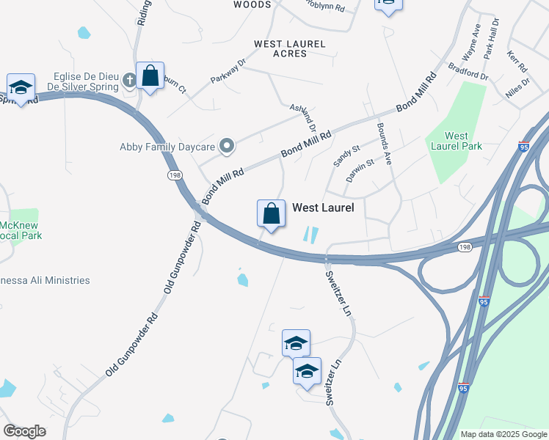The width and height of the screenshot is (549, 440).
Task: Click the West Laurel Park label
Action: [464, 141]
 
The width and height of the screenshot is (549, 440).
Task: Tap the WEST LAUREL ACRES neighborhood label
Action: [289, 48]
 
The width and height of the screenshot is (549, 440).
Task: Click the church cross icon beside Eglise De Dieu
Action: [129, 80]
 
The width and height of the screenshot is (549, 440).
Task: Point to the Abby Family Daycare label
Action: [167, 147]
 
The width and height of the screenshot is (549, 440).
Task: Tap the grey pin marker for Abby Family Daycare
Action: [227, 146]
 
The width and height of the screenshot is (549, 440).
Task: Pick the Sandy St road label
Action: [346, 155]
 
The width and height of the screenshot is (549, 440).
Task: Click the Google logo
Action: [24, 431]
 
